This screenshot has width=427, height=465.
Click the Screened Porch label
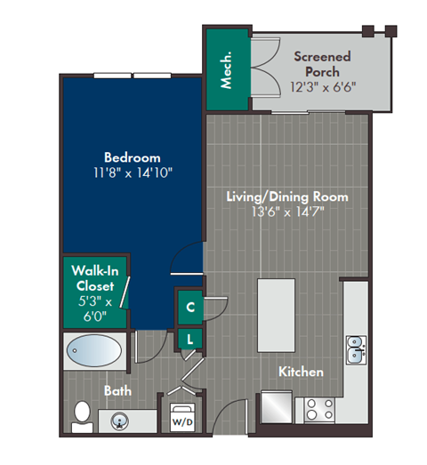tap(322, 64)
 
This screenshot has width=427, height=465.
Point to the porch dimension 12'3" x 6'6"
tap(322, 88)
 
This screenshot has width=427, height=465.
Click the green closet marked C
tap(190, 308)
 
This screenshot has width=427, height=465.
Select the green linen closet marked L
tap(190, 339)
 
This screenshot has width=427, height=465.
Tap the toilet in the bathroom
tap(82, 414)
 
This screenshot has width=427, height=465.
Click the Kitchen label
tap(302, 372)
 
